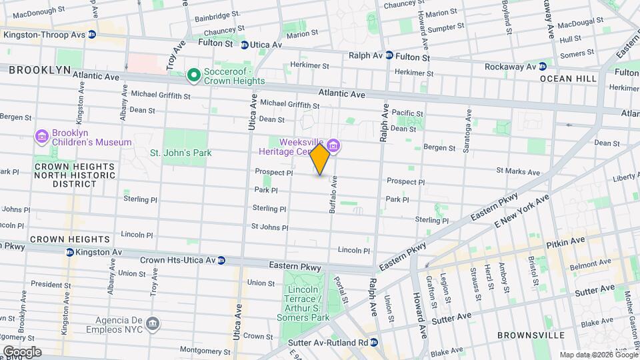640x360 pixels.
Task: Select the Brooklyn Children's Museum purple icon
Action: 42,137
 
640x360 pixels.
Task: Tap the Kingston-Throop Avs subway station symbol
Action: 91,34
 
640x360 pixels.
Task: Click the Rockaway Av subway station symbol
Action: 543,66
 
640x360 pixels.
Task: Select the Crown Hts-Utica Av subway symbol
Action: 223,260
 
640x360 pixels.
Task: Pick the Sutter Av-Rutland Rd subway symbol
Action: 374,342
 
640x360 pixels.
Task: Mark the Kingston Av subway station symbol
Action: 70,252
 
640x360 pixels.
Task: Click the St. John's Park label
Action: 180,153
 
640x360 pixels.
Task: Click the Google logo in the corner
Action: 21,351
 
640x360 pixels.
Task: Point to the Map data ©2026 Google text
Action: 598,355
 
